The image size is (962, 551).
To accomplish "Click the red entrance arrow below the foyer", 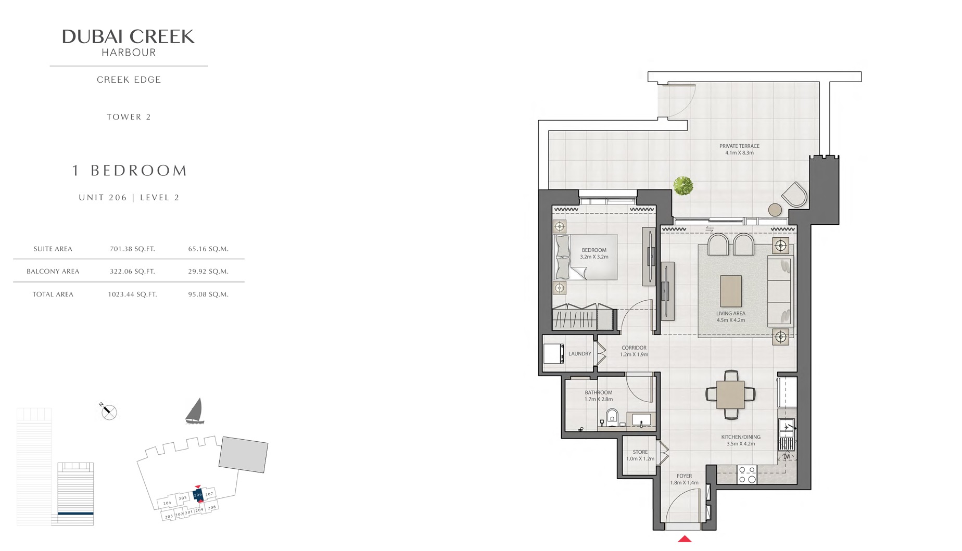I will pyautogui.click(x=685, y=539).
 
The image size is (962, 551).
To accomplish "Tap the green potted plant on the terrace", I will pyautogui.click(x=683, y=185).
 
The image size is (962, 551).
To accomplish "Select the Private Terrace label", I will pyautogui.click(x=739, y=149).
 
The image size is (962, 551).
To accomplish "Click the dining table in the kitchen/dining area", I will pyautogui.click(x=730, y=394).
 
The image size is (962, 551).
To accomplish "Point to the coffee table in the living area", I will pyautogui.click(x=731, y=291).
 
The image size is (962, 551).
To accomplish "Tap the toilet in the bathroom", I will pyautogui.click(x=612, y=417).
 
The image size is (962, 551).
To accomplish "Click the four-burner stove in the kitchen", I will pyautogui.click(x=747, y=475).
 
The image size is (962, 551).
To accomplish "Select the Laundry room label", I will pyautogui.click(x=579, y=354).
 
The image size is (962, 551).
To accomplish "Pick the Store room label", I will pyautogui.click(x=640, y=455).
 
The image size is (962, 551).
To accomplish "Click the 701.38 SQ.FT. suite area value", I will pyautogui.click(x=132, y=249).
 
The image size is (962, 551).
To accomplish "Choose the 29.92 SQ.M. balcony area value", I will pyautogui.click(x=208, y=271).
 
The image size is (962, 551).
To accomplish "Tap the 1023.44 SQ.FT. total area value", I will pyautogui.click(x=132, y=294).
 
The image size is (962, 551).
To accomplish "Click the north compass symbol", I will pyautogui.click(x=109, y=412).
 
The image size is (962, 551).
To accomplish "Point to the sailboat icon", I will pyautogui.click(x=195, y=411).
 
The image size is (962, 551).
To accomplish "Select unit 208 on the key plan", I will pyautogui.click(x=211, y=507).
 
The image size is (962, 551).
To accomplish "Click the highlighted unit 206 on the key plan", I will pyautogui.click(x=198, y=494).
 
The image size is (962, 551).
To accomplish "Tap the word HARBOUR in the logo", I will pyautogui.click(x=129, y=53).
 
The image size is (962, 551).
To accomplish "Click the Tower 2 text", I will pyautogui.click(x=129, y=117).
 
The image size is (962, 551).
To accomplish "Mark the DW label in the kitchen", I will pyautogui.click(x=787, y=457).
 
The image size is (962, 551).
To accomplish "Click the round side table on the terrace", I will pyautogui.click(x=775, y=210).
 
